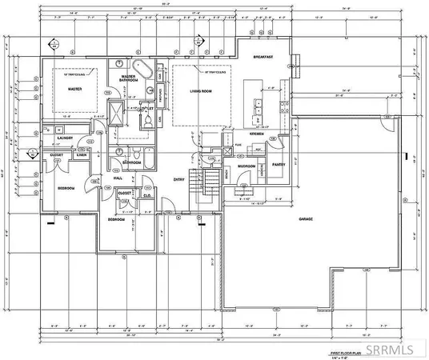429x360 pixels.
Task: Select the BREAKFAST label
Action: pos(263,57)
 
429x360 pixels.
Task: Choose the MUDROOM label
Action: pos(246,166)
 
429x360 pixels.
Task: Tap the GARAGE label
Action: pos(307,218)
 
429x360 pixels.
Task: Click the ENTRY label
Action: pos(180,180)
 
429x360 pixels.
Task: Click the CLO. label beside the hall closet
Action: pos(147,194)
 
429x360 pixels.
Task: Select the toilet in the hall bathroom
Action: pos(137,151)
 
